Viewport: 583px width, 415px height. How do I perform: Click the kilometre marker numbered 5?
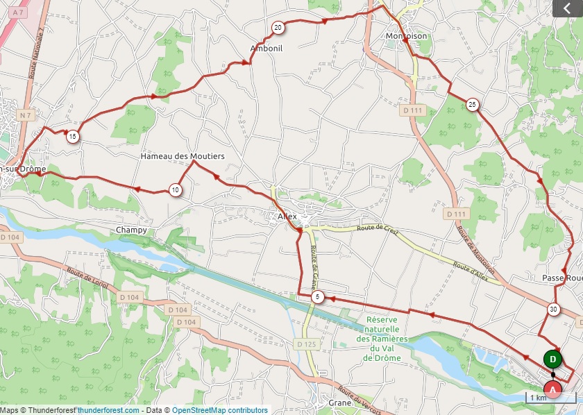[x=318, y=297]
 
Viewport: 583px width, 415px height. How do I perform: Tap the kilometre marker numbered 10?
[x=176, y=189]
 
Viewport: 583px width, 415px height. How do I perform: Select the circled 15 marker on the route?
[x=73, y=136]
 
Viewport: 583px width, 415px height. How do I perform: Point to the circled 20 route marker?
[x=278, y=28]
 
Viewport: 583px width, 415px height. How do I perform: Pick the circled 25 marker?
[x=473, y=105]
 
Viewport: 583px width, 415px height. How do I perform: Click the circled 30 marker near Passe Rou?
[x=553, y=310]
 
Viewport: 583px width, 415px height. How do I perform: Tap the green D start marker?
[x=552, y=359]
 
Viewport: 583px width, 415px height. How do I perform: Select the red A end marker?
[x=552, y=390]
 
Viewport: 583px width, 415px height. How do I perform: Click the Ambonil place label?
[x=266, y=48]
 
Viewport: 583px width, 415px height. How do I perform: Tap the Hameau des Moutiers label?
[x=183, y=157]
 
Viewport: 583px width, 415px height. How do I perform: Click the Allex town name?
[x=287, y=217]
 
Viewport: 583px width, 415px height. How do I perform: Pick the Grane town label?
[x=340, y=403]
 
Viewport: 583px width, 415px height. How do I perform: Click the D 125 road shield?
[x=305, y=344]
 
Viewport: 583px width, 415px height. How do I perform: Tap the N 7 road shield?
[x=26, y=115]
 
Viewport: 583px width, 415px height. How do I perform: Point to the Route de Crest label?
[x=378, y=230]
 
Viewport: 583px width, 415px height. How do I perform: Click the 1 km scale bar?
[x=550, y=398]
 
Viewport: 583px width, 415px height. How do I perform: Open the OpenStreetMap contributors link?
[x=219, y=410]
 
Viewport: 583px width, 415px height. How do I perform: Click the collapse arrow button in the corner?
[x=567, y=8]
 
